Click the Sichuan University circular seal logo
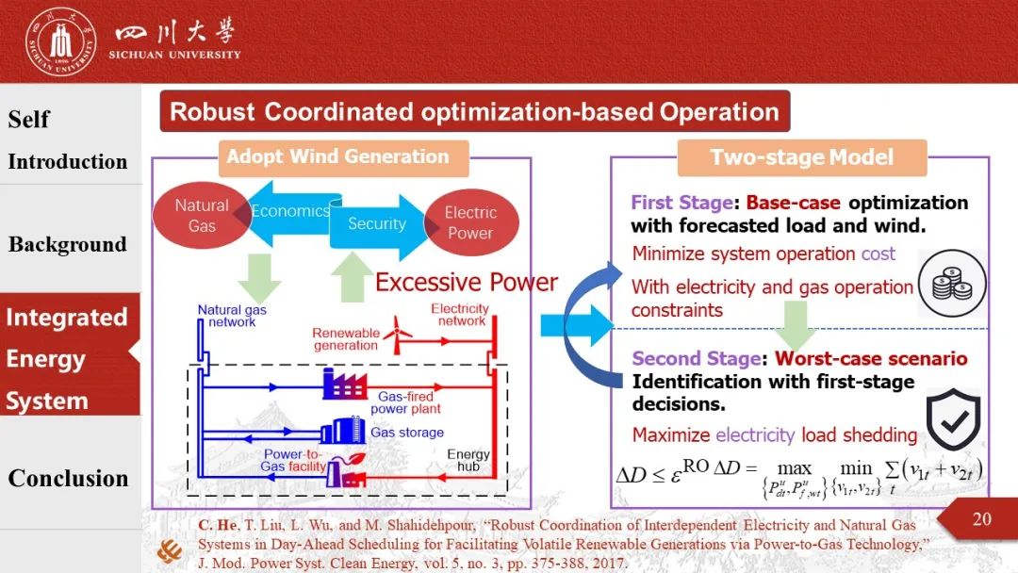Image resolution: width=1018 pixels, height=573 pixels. [x=61, y=42]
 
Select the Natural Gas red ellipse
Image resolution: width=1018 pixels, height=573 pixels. [x=202, y=216]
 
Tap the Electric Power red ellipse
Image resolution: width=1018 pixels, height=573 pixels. [x=470, y=222]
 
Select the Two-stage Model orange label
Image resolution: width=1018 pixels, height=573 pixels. [x=802, y=157]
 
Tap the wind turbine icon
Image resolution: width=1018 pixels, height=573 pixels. [x=398, y=335]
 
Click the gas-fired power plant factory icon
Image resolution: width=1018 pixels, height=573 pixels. [x=344, y=385]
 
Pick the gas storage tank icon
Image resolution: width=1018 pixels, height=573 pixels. [x=343, y=431]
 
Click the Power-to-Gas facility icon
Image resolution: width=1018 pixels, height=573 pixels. [x=345, y=471]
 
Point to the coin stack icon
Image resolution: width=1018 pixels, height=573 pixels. [x=952, y=284]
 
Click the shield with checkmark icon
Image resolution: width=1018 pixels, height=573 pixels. [x=952, y=419]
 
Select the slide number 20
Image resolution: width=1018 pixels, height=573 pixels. [x=981, y=519]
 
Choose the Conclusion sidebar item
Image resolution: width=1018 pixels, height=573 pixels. [x=68, y=478]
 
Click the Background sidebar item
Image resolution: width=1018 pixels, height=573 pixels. [x=68, y=245]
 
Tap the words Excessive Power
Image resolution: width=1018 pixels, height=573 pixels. [x=467, y=283]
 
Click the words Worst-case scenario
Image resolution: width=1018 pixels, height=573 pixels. [x=871, y=358]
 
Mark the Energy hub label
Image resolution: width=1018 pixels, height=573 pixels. [x=468, y=460]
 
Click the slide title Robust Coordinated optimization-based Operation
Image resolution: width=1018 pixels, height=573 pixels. [x=474, y=111]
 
